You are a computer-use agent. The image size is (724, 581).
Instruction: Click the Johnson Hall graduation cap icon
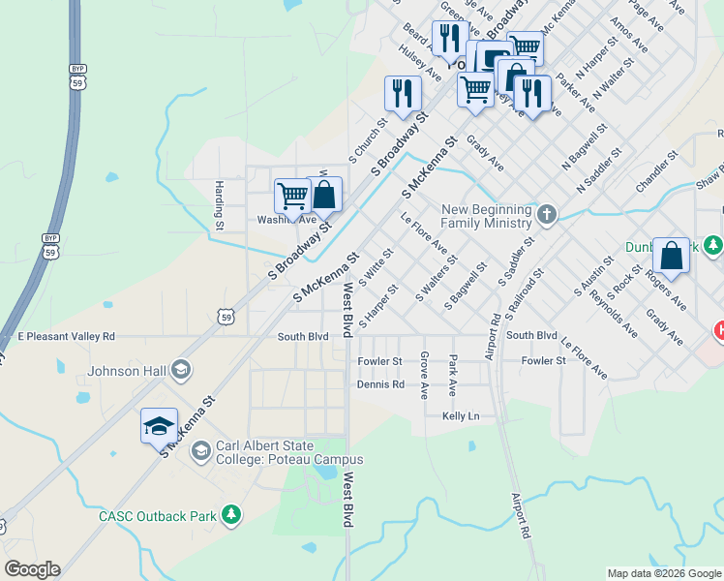tap(180, 370)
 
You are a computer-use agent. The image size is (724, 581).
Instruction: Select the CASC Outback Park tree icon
tap(231, 515)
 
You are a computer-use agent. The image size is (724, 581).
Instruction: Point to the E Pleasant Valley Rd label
tap(66, 337)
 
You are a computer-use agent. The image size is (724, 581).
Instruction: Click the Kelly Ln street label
tap(461, 415)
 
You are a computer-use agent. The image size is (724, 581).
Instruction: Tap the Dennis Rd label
tap(380, 384)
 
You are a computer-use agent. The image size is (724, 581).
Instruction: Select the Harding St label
tap(220, 205)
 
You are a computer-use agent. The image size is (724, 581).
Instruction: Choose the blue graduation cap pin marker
tap(159, 425)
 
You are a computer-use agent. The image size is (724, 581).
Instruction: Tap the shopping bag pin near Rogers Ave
tap(671, 257)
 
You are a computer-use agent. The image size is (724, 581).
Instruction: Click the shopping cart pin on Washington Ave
tap(292, 196)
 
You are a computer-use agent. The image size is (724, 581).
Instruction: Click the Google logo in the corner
tap(32, 569)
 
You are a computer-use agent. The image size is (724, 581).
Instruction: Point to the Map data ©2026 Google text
tap(663, 573)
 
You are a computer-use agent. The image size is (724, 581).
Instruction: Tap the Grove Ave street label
tap(424, 377)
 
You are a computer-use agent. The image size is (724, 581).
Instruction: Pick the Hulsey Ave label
tap(420, 65)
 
